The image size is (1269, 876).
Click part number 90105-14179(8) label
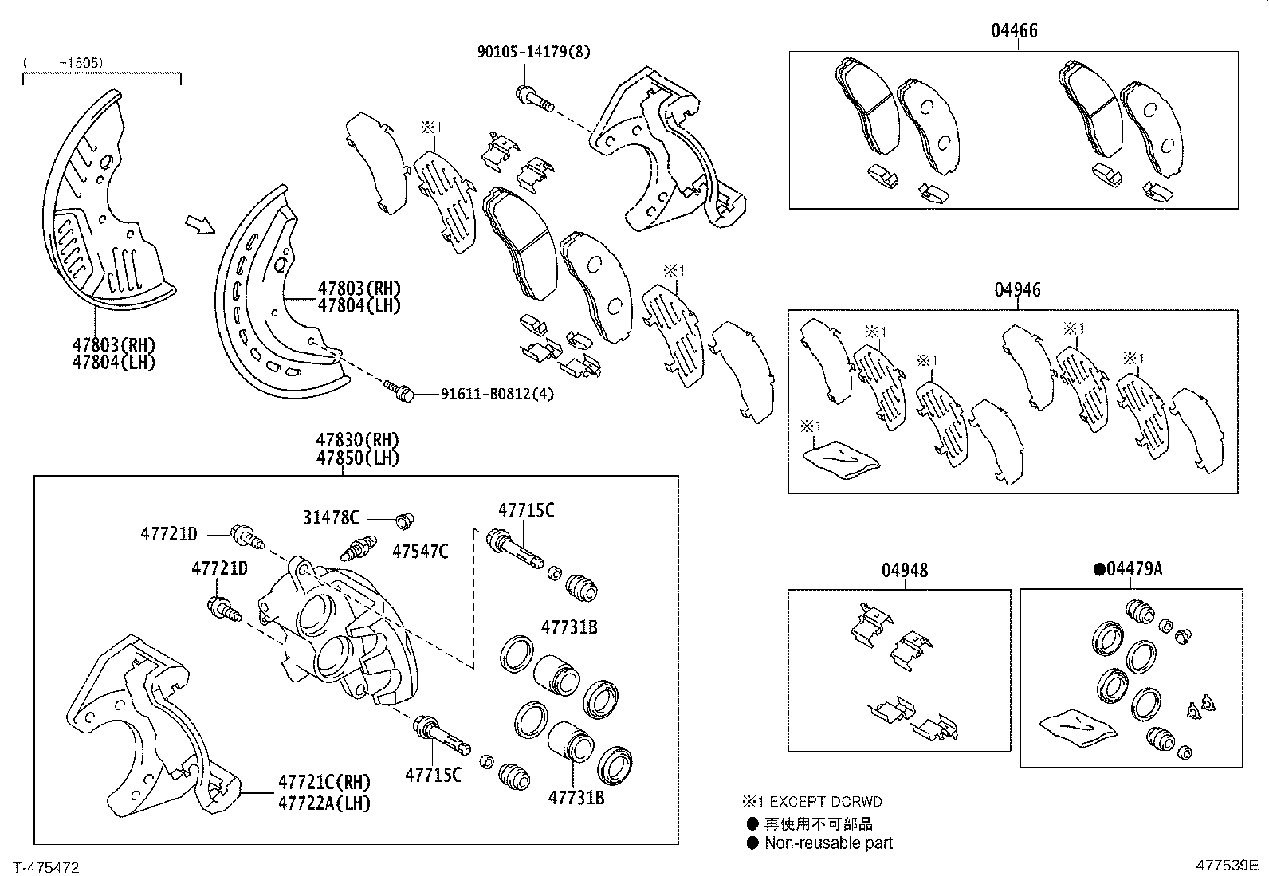(533, 52)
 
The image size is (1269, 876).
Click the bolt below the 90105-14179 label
(533, 98)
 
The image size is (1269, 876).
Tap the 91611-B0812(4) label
(497, 394)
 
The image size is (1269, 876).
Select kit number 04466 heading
(1014, 31)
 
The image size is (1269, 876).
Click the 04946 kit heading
(1017, 290)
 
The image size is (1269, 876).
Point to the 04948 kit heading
(904, 571)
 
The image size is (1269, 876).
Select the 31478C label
(330, 517)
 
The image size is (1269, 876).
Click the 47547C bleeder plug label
(419, 551)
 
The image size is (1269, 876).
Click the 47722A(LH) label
(324, 803)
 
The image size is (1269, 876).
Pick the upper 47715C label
(526, 511)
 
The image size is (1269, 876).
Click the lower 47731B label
(575, 797)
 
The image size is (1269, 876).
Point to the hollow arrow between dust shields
(199, 226)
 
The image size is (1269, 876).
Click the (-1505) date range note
(63, 62)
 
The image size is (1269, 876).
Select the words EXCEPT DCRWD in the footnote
(824, 802)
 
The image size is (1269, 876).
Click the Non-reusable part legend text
(828, 843)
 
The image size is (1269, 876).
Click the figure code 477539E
(1226, 866)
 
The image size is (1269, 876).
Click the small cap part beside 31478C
(406, 520)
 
